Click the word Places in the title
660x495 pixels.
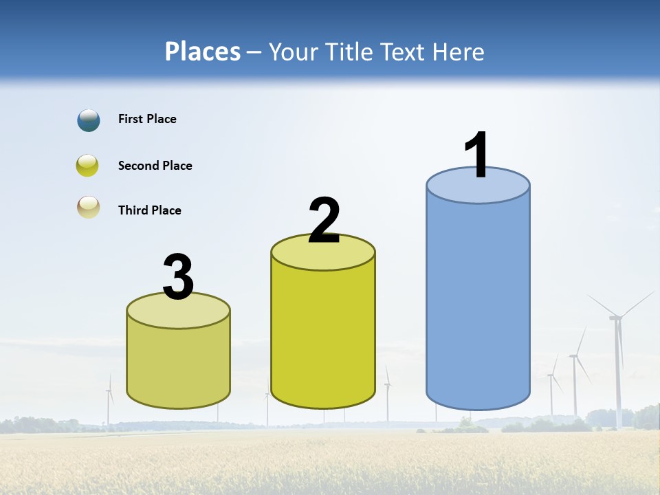202,52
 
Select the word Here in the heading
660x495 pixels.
458,52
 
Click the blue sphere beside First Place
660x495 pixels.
89,120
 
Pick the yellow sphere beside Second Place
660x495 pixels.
88,166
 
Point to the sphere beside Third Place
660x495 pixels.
89,207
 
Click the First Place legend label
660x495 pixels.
147,119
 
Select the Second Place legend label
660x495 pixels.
155,166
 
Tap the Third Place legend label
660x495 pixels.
149,210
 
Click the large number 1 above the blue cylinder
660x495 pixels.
477,155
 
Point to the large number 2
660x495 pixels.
324,220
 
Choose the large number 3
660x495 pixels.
178,277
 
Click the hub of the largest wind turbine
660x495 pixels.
616,318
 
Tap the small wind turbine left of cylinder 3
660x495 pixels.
109,399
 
